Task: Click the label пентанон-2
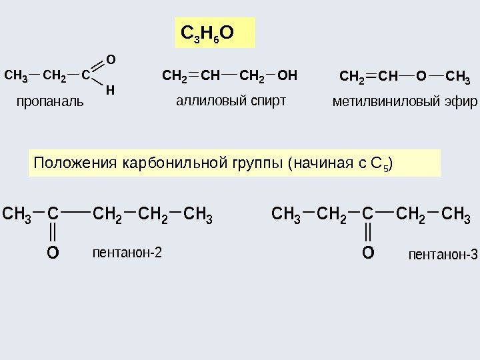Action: tap(127, 253)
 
